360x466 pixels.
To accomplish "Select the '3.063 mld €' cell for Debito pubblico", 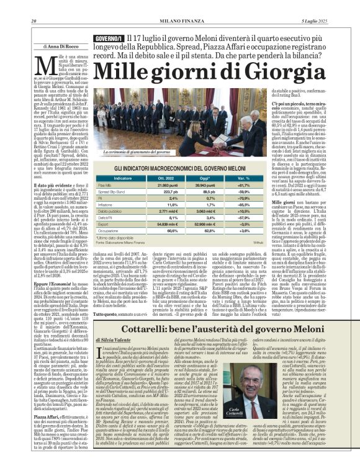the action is pyautogui.click(x=204, y=212).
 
